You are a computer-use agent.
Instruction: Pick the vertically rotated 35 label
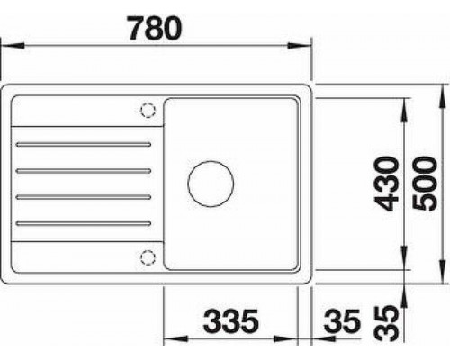tap(385, 321)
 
